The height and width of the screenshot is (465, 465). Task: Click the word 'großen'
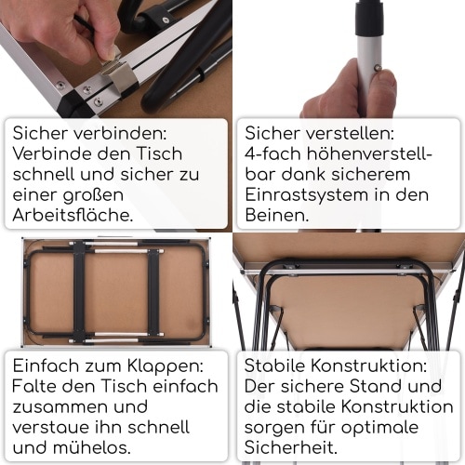pos(91,194)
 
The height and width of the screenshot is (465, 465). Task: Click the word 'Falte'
pos(35,386)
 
